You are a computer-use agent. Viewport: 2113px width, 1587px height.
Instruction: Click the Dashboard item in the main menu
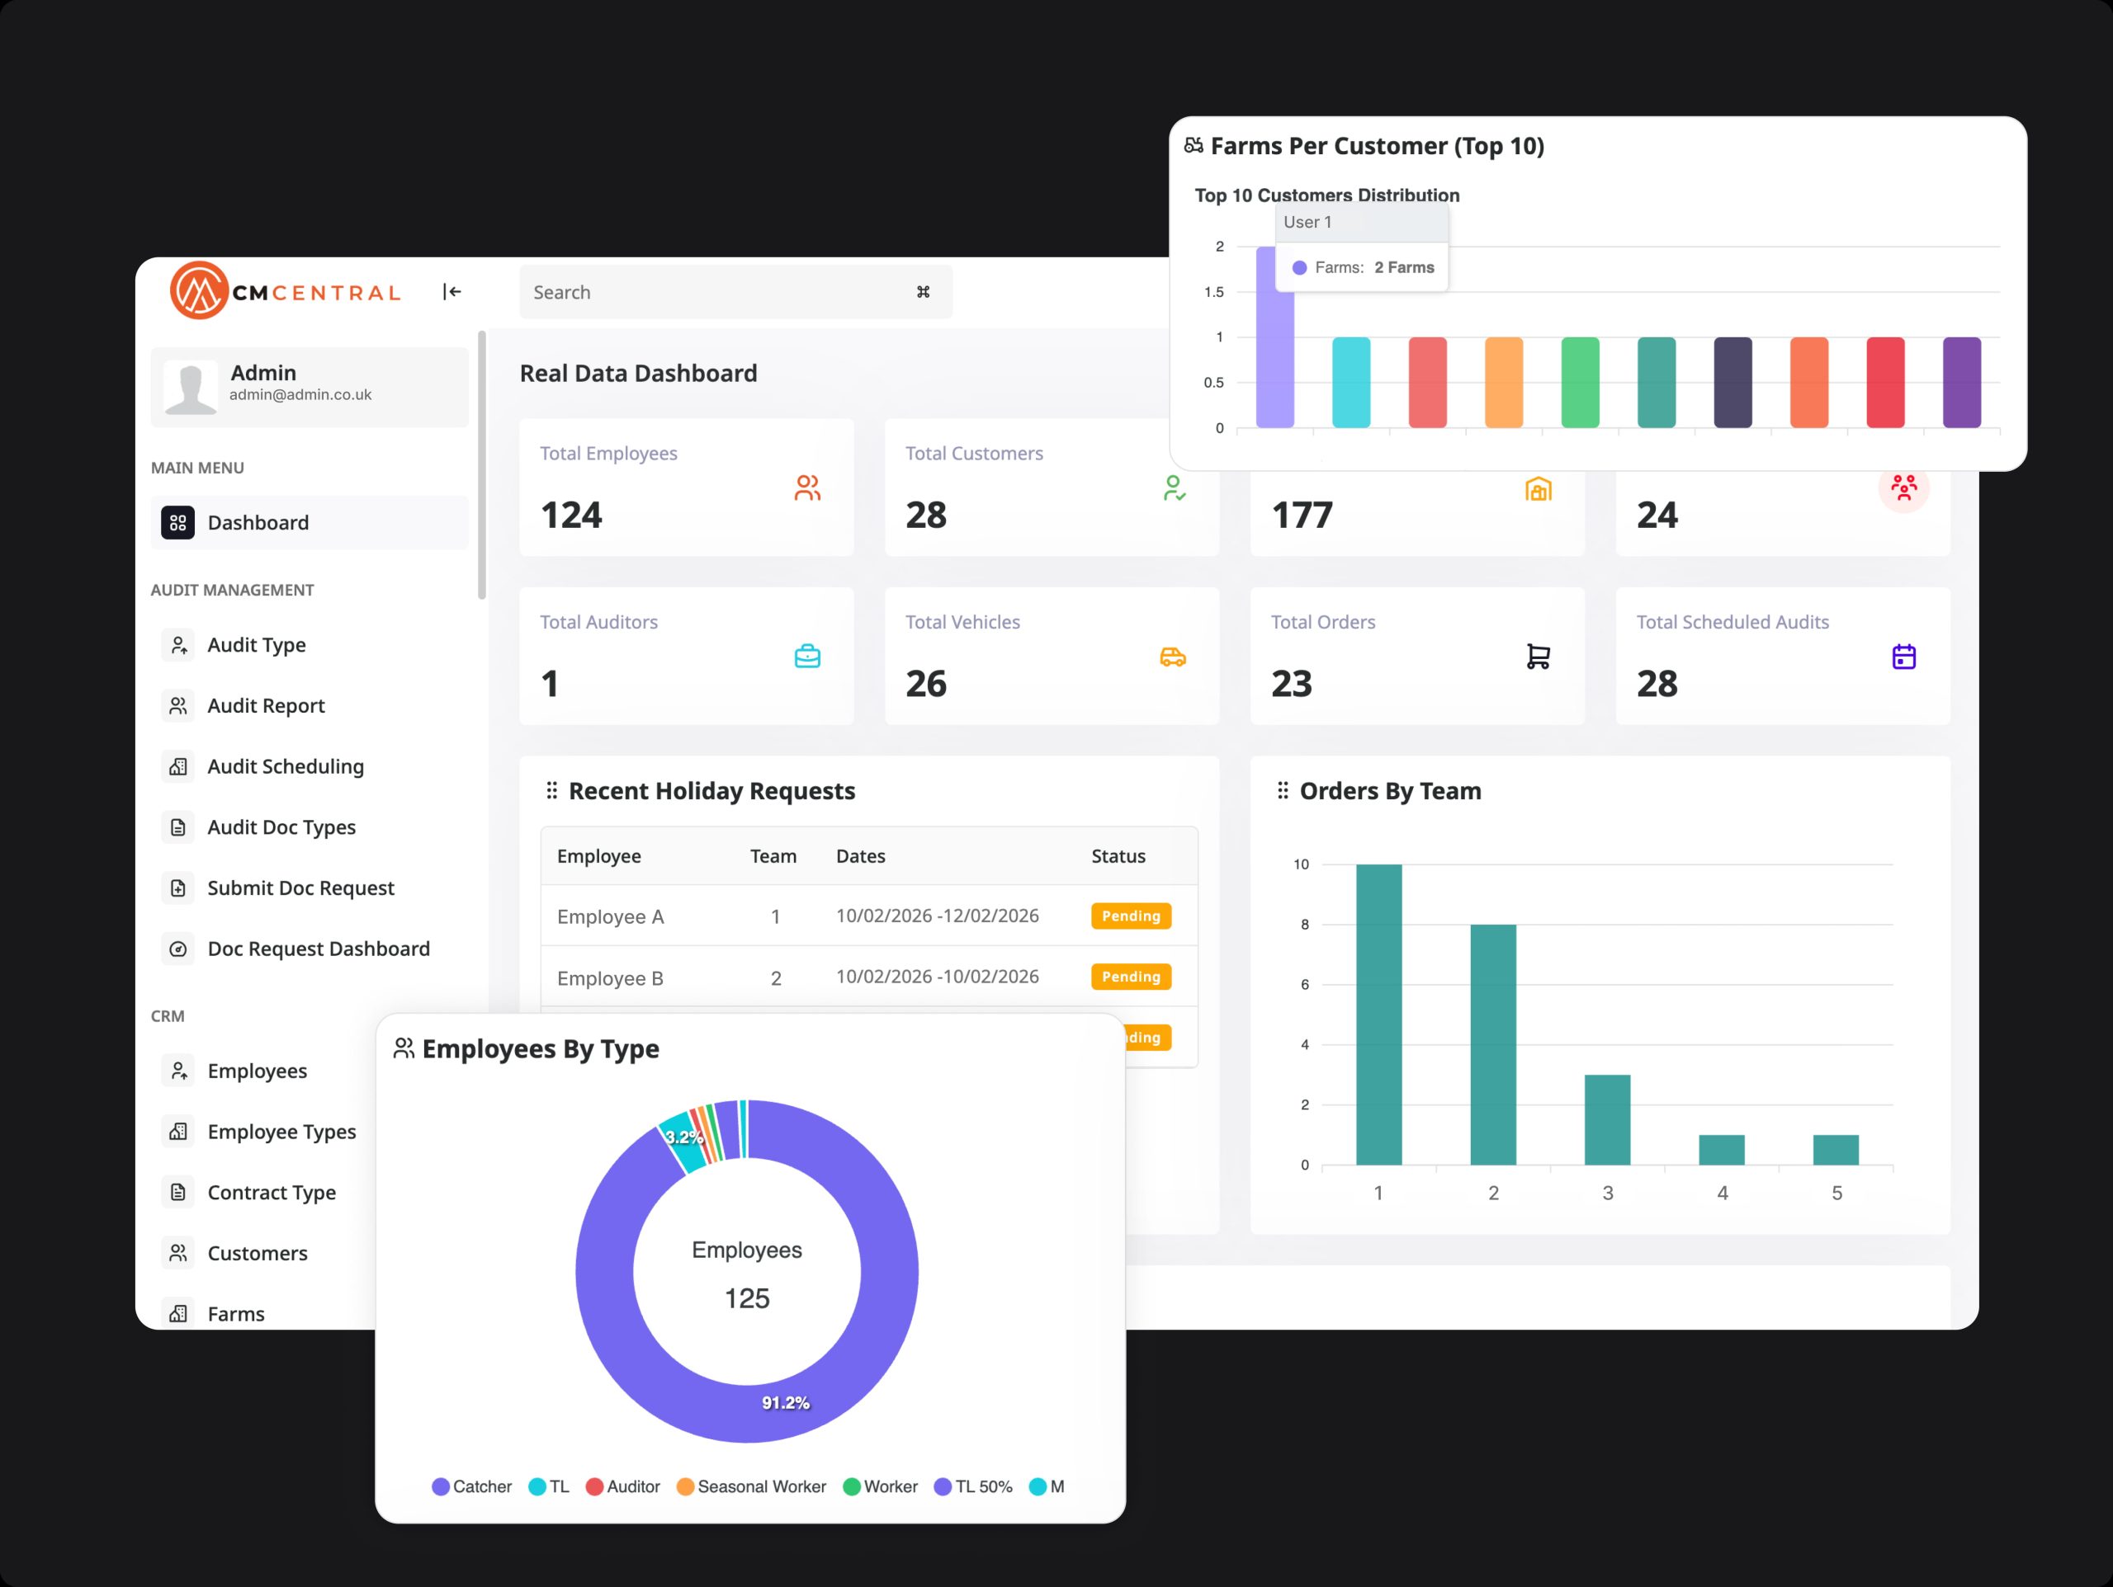[257, 522]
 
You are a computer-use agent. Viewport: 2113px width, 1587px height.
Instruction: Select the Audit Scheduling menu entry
[285, 767]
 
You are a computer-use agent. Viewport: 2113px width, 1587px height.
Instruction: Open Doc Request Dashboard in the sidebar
[317, 949]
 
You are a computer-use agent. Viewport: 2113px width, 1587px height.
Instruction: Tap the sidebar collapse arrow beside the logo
[451, 292]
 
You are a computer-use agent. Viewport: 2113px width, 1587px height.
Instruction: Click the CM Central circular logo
[199, 290]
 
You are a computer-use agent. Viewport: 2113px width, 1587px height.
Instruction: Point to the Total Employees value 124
[571, 516]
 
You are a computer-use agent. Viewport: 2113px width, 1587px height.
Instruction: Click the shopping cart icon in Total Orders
[1538, 657]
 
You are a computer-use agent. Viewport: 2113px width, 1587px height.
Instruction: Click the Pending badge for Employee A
[1130, 916]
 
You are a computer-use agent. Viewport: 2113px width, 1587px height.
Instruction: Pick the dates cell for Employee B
[937, 977]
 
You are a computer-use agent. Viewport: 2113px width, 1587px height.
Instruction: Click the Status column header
[1118, 856]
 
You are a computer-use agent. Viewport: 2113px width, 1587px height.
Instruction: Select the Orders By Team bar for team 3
[1607, 1119]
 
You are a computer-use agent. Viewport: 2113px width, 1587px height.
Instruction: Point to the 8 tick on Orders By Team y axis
[1304, 925]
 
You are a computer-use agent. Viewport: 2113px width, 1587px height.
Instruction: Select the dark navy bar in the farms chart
[1732, 382]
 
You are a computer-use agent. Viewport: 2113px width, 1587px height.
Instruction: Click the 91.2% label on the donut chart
[785, 1403]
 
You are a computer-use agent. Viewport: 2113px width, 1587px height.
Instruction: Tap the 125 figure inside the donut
[746, 1298]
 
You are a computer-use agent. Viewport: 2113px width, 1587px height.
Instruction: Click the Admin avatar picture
[190, 388]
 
